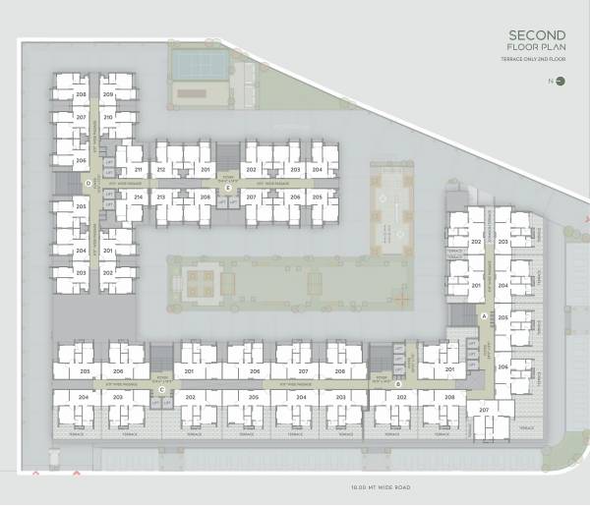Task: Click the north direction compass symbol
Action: tap(559, 83)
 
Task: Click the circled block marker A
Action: tap(484, 315)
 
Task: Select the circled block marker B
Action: tap(398, 384)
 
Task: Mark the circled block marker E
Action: tap(228, 187)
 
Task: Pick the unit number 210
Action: tap(108, 117)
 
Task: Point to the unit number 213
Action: tap(160, 197)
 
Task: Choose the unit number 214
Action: tap(138, 197)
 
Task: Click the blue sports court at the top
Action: tap(199, 63)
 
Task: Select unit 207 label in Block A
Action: tap(483, 409)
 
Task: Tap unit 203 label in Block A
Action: tap(502, 241)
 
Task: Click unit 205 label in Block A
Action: tap(502, 318)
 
